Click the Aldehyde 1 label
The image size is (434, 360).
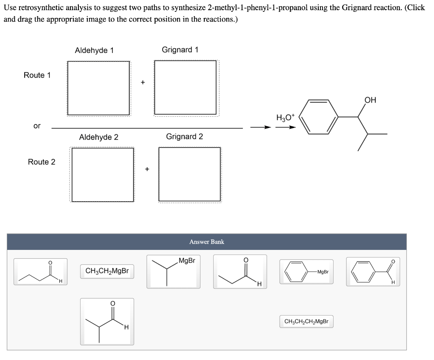[x=94, y=50]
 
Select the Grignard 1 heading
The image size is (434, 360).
[x=180, y=50]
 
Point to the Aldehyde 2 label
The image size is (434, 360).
[x=99, y=137]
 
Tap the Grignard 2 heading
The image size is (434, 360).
[x=184, y=136]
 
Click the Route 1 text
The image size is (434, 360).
[x=37, y=75]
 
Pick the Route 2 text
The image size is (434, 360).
[x=42, y=162]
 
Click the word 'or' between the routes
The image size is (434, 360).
[x=37, y=126]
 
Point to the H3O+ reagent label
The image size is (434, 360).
[x=284, y=117]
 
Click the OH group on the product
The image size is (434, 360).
[x=370, y=100]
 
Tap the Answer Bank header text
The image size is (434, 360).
[x=206, y=242]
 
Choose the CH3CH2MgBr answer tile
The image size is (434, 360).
[x=107, y=271]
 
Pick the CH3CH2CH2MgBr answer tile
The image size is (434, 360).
[x=306, y=321]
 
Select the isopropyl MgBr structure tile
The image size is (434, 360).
[x=173, y=271]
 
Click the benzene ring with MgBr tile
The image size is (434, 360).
[x=306, y=271]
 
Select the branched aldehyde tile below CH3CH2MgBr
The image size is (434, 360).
[x=107, y=321]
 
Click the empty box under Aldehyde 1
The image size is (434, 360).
[x=98, y=88]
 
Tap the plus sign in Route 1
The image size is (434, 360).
[x=143, y=82]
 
